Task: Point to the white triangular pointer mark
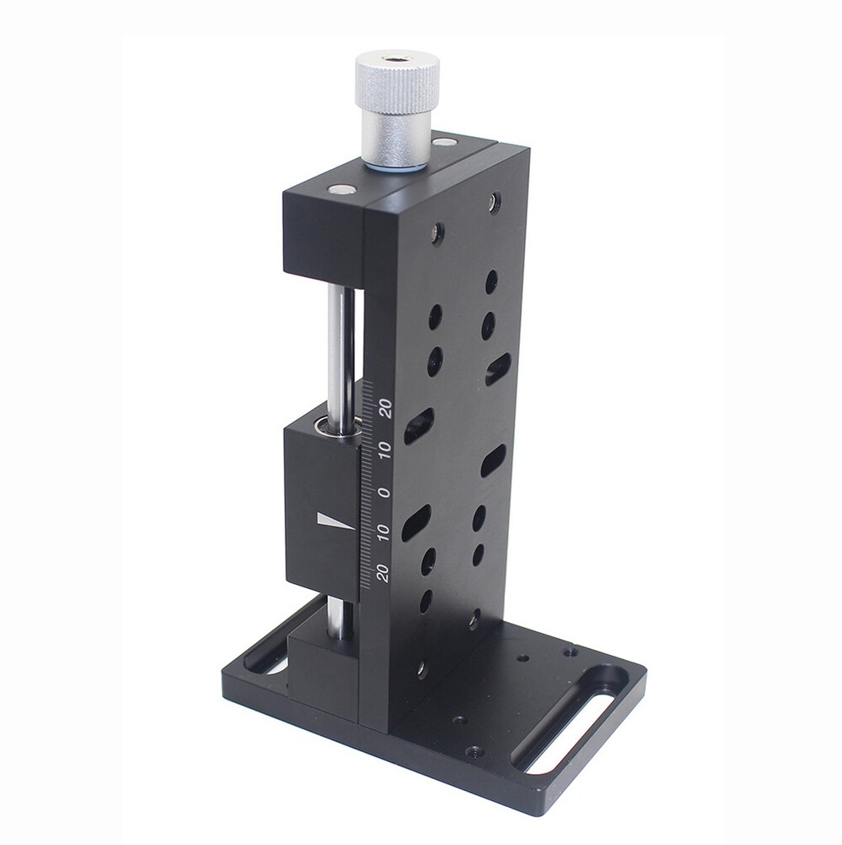pos(334,521)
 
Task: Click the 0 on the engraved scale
pos(385,492)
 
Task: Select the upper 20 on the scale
pos(385,410)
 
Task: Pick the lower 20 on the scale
pos(383,574)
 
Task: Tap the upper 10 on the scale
pos(385,450)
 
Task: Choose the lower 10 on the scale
pos(384,532)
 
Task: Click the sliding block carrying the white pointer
pos(321,507)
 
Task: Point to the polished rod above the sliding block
pos(338,346)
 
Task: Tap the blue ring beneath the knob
pos(393,168)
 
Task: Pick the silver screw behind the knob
pos(444,143)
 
